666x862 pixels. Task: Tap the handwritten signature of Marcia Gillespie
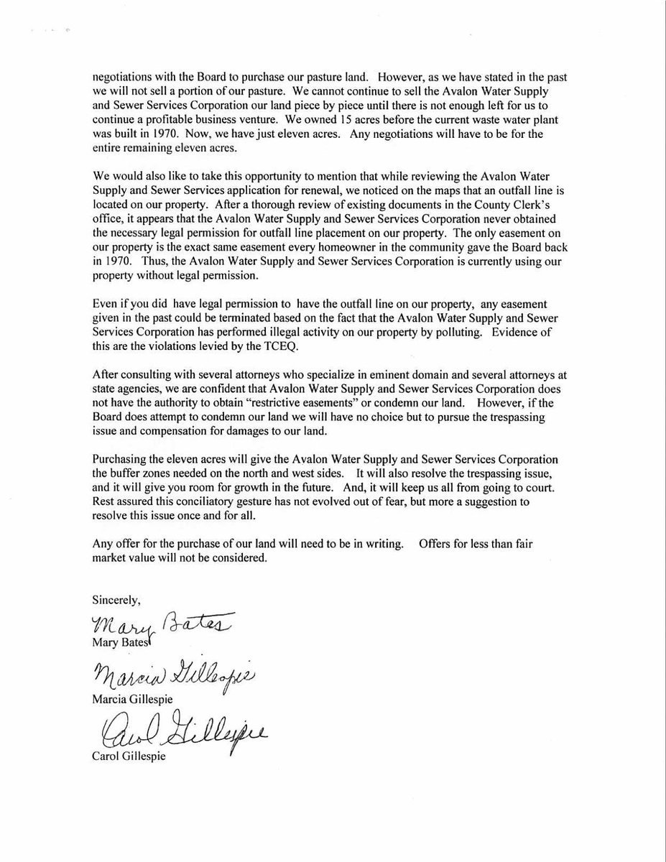pos(173,676)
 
